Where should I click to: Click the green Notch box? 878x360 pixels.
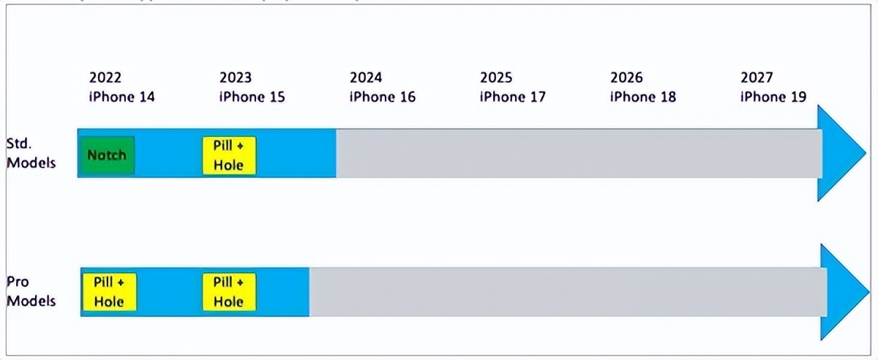[107, 155]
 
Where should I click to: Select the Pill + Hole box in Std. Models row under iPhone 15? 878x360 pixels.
[228, 155]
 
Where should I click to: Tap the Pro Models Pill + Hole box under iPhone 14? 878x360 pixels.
[109, 291]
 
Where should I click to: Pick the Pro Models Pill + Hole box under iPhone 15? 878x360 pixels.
[228, 291]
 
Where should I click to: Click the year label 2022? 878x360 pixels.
[105, 78]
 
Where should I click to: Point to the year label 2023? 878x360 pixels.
[236, 78]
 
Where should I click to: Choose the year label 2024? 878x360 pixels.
[366, 78]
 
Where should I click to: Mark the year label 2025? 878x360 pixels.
[496, 78]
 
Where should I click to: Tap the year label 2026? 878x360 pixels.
[626, 78]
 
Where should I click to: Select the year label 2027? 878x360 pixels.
[757, 78]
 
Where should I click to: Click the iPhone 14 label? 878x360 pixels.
[122, 97]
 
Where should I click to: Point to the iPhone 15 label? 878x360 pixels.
[252, 97]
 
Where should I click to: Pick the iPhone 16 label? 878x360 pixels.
[383, 97]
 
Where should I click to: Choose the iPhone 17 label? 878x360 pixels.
[513, 97]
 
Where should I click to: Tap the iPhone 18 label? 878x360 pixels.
[643, 97]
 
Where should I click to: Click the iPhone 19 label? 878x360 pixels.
[773, 97]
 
